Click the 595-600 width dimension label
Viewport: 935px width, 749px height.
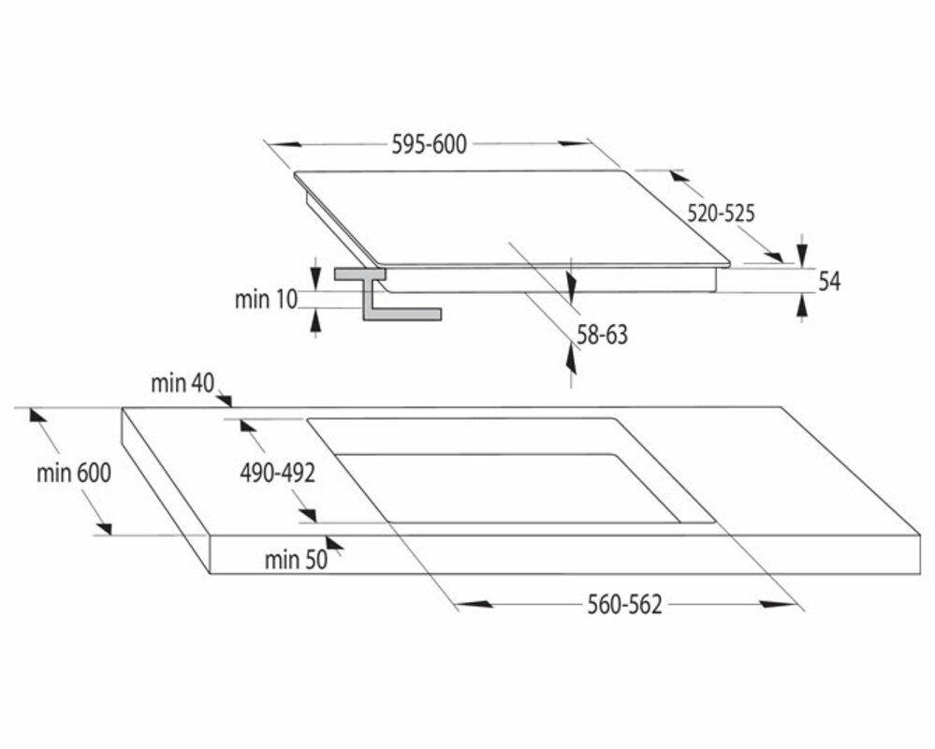coord(429,144)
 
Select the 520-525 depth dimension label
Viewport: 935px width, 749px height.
coord(721,213)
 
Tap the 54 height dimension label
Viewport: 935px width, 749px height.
coord(829,281)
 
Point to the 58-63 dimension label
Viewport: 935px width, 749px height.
coord(602,334)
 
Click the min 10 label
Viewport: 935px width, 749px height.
coord(266,300)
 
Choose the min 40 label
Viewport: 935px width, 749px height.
coord(183,384)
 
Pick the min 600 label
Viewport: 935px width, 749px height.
coord(74,473)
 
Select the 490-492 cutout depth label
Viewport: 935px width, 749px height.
coord(277,473)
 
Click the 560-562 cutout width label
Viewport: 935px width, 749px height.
coord(625,604)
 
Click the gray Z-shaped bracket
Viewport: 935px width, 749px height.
coord(387,294)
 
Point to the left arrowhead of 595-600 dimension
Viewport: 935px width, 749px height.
coord(280,144)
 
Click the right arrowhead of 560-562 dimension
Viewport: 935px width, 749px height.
coord(780,604)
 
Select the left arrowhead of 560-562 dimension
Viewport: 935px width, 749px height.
coord(475,604)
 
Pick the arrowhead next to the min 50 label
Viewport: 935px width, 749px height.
coord(334,543)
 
